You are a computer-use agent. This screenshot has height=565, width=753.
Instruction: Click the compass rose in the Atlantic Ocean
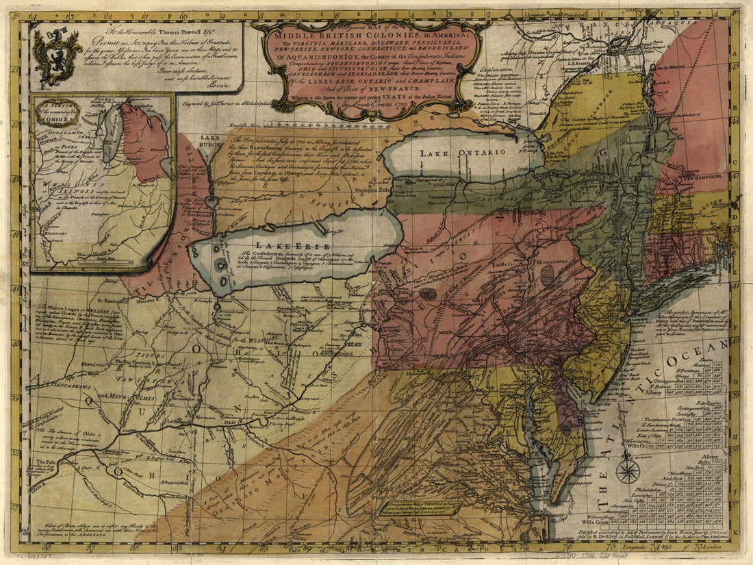(628, 470)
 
